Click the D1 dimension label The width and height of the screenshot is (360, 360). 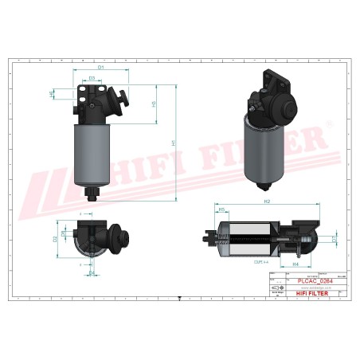pos(100,68)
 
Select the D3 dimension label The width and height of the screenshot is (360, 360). pos(93,78)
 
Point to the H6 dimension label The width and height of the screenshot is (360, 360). pos(53,94)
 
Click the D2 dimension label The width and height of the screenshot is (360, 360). pos(55,238)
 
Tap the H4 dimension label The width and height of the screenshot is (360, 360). pos(295,264)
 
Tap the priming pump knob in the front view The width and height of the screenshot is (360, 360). pos(126,102)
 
